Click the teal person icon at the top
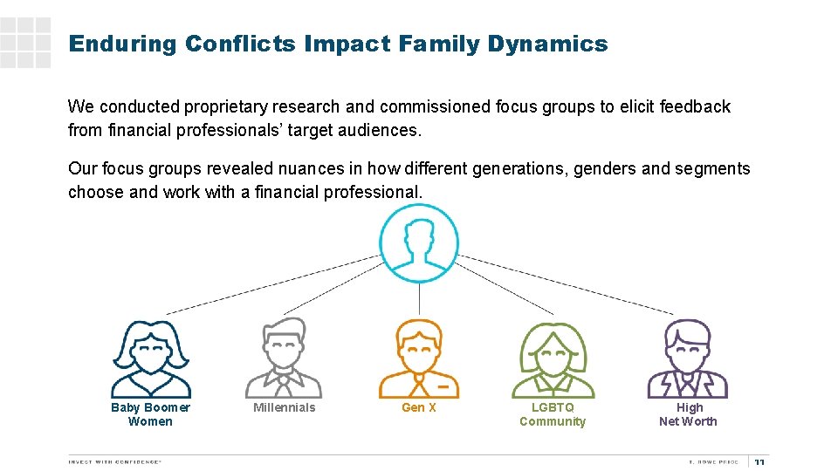pyautogui.click(x=419, y=242)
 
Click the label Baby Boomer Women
pyautogui.click(x=150, y=414)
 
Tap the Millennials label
pyautogui.click(x=284, y=407)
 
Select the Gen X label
pyautogui.click(x=418, y=407)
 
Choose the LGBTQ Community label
pyautogui.click(x=553, y=414)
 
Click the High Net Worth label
pyautogui.click(x=688, y=414)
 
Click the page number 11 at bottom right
pyautogui.click(x=759, y=462)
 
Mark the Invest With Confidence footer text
pyautogui.click(x=115, y=461)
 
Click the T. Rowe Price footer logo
pyautogui.click(x=713, y=461)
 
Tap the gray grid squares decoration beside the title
pyautogui.click(x=25, y=42)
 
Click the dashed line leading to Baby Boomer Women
pyautogui.click(x=271, y=284)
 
